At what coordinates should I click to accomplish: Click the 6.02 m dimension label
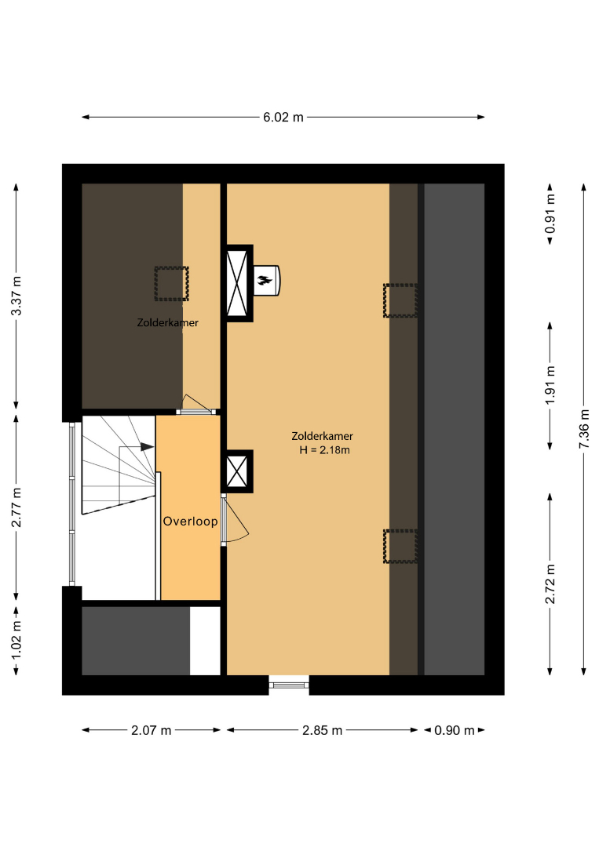(283, 117)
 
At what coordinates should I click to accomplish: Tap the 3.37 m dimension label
(16, 296)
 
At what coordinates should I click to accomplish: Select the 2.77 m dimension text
(16, 507)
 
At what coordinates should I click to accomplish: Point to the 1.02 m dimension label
(16, 640)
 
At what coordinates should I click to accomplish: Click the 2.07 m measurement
(152, 730)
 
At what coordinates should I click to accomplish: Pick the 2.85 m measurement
(322, 730)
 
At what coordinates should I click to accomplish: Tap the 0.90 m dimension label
(455, 730)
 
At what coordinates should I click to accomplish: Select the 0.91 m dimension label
(550, 213)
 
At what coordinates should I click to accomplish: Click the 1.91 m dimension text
(550, 385)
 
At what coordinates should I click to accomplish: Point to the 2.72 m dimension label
(550, 584)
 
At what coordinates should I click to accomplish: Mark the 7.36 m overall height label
(584, 429)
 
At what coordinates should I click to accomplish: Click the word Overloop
(190, 522)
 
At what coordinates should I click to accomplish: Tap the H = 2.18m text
(324, 450)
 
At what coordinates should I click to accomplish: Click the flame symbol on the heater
(265, 280)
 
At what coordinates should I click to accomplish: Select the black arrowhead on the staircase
(147, 447)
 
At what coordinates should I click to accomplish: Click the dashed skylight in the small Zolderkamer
(171, 284)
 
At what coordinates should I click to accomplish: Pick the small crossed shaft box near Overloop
(237, 471)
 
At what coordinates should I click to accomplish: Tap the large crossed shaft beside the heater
(237, 284)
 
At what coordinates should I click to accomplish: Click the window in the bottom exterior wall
(289, 685)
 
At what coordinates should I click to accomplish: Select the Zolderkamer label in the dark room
(167, 322)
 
